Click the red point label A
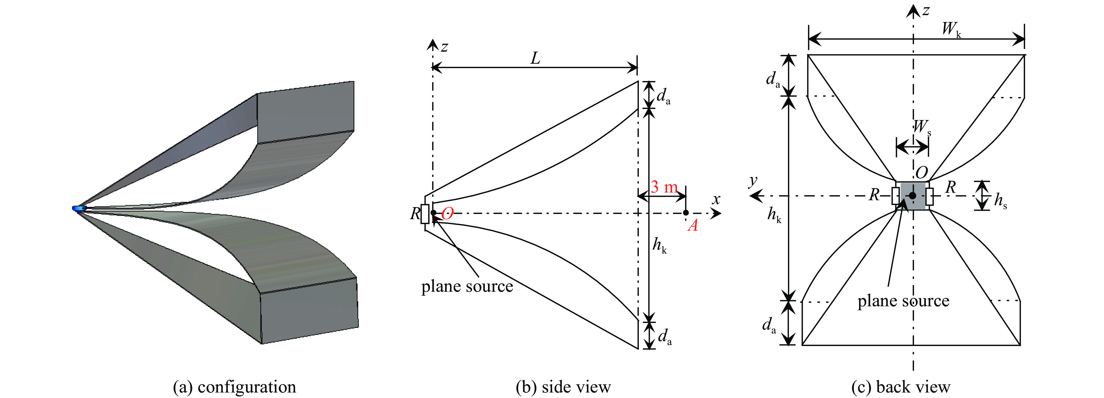tap(692, 225)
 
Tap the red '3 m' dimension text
tap(664, 187)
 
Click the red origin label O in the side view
tap(448, 213)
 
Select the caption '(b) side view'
tap(563, 387)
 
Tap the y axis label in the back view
tap(753, 181)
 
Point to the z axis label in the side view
tap(445, 46)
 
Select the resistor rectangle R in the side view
tap(425, 214)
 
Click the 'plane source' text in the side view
tap(467, 286)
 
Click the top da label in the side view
tap(663, 97)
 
